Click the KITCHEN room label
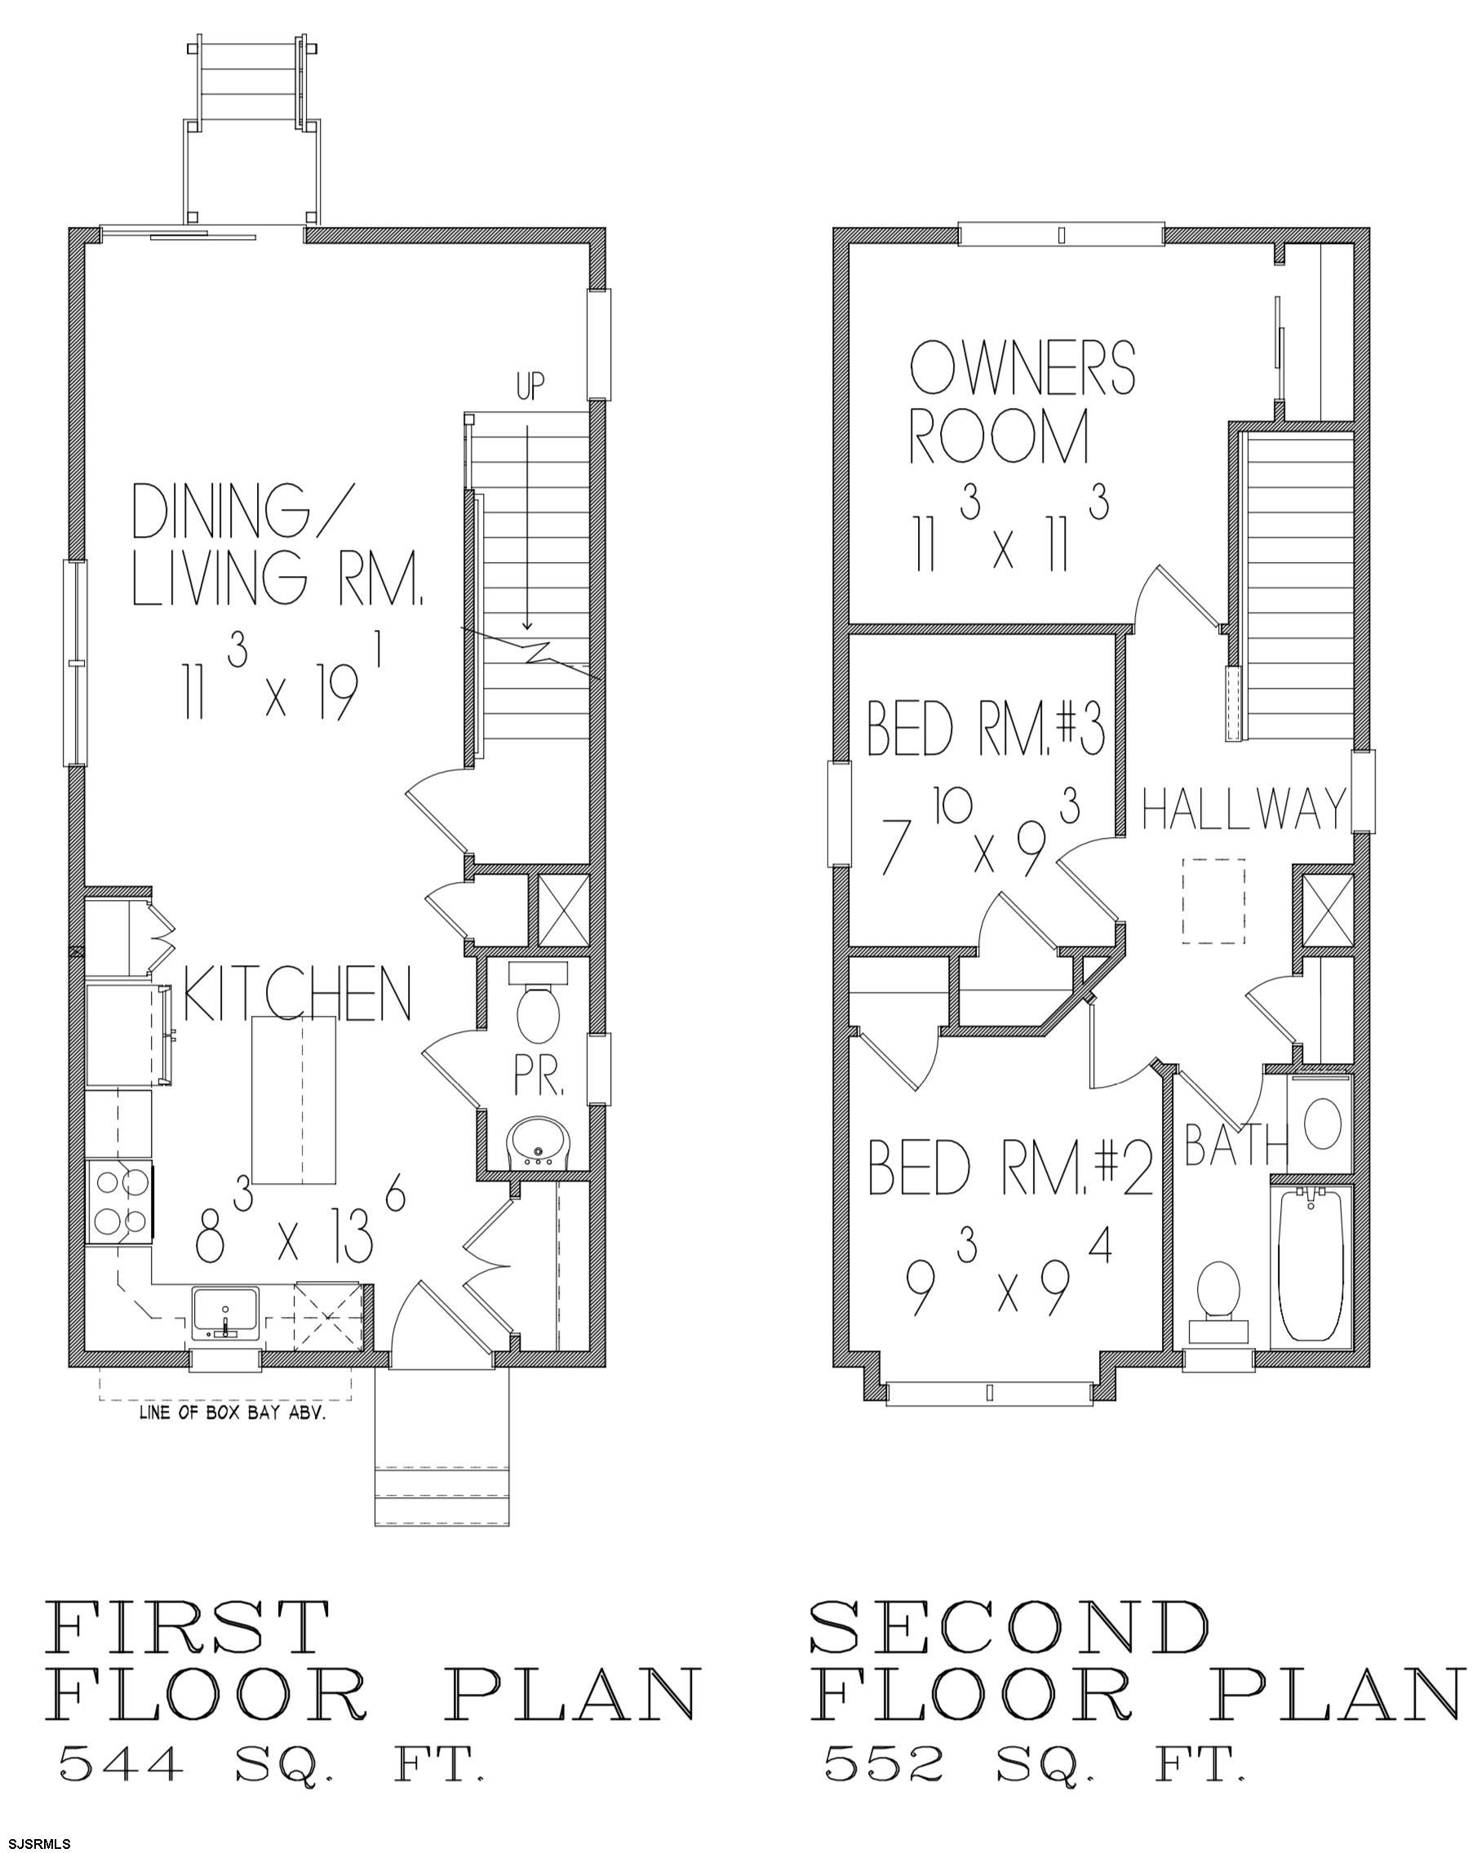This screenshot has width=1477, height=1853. pyautogui.click(x=298, y=994)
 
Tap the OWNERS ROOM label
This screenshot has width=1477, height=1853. pyautogui.click(x=1022, y=402)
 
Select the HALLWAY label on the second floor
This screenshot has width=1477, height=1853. pyautogui.click(x=1243, y=809)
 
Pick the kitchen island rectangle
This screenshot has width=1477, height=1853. pyautogui.click(x=293, y=1100)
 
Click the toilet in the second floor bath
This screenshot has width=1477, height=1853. pyautogui.click(x=1218, y=1301)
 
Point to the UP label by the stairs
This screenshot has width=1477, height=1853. pyautogui.click(x=530, y=387)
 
